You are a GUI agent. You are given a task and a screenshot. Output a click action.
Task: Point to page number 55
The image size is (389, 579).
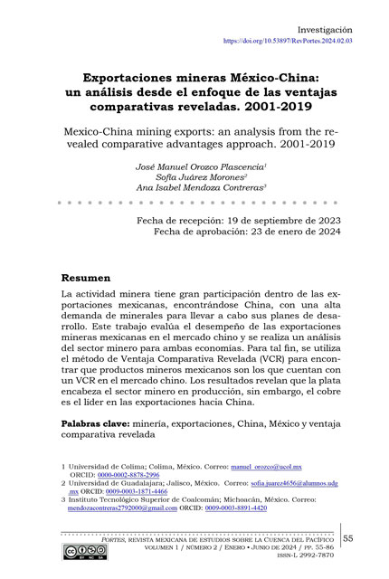coord(351,540)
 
